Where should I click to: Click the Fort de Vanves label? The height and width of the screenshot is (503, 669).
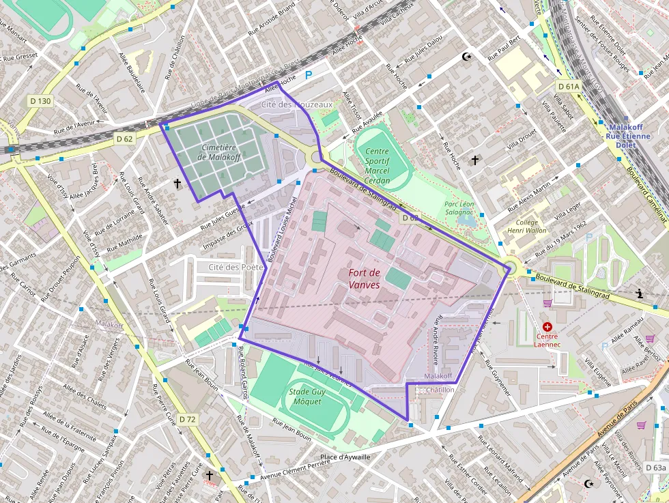[x=364, y=278]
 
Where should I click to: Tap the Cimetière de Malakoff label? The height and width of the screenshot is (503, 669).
[x=218, y=152]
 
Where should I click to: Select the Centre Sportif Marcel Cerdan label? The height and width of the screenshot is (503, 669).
[x=377, y=166]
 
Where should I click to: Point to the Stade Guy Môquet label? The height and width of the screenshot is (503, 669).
[x=307, y=397]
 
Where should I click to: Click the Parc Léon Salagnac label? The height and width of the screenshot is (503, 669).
[x=459, y=208]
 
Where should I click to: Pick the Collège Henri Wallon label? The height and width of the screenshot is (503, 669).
[x=531, y=227]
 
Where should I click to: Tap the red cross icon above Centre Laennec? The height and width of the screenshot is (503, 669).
[x=547, y=328]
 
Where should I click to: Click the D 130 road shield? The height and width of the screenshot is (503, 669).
[x=40, y=101]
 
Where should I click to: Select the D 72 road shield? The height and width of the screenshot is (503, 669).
[x=187, y=418]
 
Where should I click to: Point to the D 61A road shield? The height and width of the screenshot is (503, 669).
[x=568, y=87]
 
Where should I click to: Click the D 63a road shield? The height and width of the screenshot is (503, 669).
[x=655, y=468]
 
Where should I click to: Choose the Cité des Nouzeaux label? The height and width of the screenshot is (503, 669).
[x=297, y=104]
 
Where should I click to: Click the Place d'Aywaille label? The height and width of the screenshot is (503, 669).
[x=345, y=457]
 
